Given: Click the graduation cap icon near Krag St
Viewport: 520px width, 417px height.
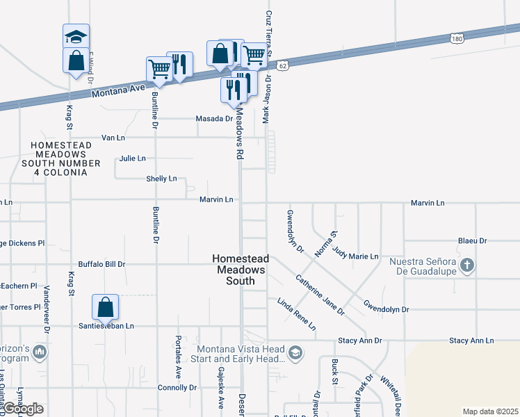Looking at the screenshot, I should click(76, 37).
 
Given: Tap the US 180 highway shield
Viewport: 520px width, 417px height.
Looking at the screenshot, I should click(456, 39).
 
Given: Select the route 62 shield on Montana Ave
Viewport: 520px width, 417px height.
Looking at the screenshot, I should click(282, 65).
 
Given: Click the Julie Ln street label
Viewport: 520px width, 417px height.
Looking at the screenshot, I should click(132, 158).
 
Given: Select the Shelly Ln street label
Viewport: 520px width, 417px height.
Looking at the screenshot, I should click(161, 179).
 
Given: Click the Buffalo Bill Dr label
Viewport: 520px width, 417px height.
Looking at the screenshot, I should click(101, 264).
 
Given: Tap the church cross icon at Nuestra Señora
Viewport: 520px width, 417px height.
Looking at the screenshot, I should click(467, 264).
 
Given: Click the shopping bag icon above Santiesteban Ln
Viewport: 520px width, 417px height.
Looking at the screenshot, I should click(105, 306).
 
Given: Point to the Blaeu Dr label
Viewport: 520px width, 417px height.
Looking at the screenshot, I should click(472, 240).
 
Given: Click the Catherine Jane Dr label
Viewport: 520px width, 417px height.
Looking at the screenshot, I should click(320, 295).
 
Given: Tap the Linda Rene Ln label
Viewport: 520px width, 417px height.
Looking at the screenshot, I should click(297, 314).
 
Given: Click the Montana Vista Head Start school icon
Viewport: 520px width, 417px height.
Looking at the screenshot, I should click(295, 353).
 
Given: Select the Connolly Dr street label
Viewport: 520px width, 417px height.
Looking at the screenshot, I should click(177, 388).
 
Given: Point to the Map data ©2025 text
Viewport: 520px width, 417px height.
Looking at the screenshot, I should click(490, 411).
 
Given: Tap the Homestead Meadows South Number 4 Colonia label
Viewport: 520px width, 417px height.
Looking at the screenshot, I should click(58, 158).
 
